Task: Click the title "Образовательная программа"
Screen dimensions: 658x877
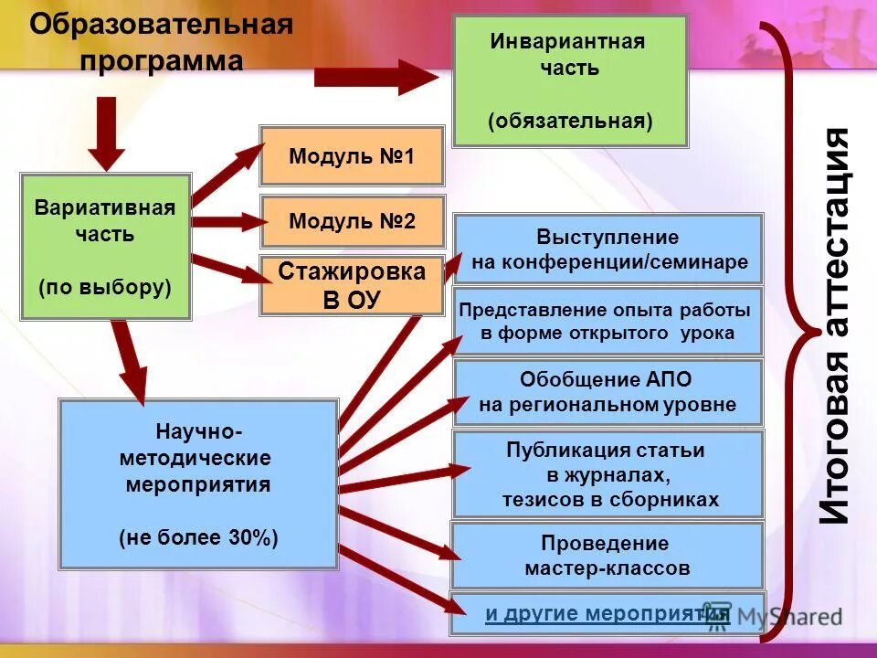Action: tap(162, 43)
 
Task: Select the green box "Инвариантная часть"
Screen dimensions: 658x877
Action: tap(569, 80)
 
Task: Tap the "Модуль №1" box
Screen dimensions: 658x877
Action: tap(352, 156)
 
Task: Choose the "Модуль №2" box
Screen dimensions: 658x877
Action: tap(352, 221)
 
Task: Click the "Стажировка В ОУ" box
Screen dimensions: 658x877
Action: tap(352, 286)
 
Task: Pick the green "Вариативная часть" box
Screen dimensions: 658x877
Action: tap(105, 246)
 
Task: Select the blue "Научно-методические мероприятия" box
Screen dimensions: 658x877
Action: tap(198, 483)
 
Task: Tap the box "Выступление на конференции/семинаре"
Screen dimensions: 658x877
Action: tap(608, 249)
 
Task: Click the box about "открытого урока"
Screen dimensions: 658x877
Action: tap(608, 321)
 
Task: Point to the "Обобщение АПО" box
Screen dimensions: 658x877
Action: tap(608, 392)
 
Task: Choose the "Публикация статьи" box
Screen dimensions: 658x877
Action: tap(608, 474)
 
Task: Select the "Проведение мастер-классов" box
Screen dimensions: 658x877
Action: tap(608, 556)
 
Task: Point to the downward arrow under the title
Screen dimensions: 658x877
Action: tap(107, 133)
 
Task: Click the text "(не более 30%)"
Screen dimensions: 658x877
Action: tap(198, 537)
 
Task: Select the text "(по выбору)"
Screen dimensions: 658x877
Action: tap(105, 287)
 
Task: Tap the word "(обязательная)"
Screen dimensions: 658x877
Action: tap(570, 122)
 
